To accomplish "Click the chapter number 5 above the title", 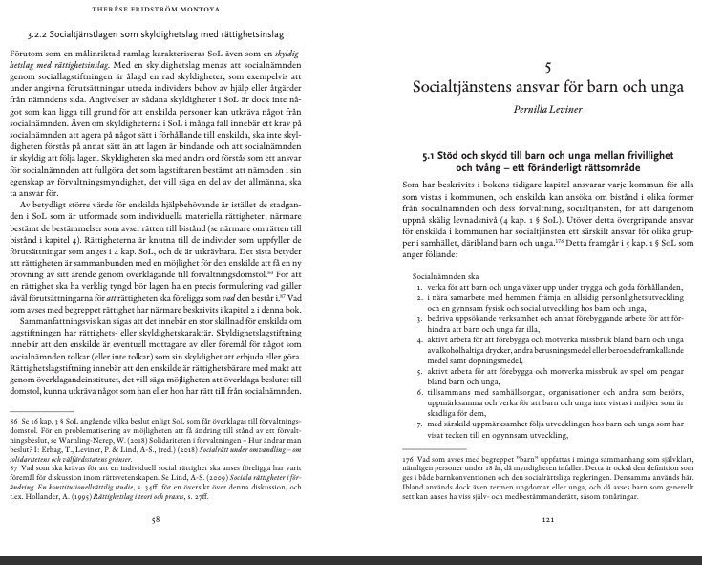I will pos(547,67).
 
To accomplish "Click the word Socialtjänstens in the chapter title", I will pos(473,88).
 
